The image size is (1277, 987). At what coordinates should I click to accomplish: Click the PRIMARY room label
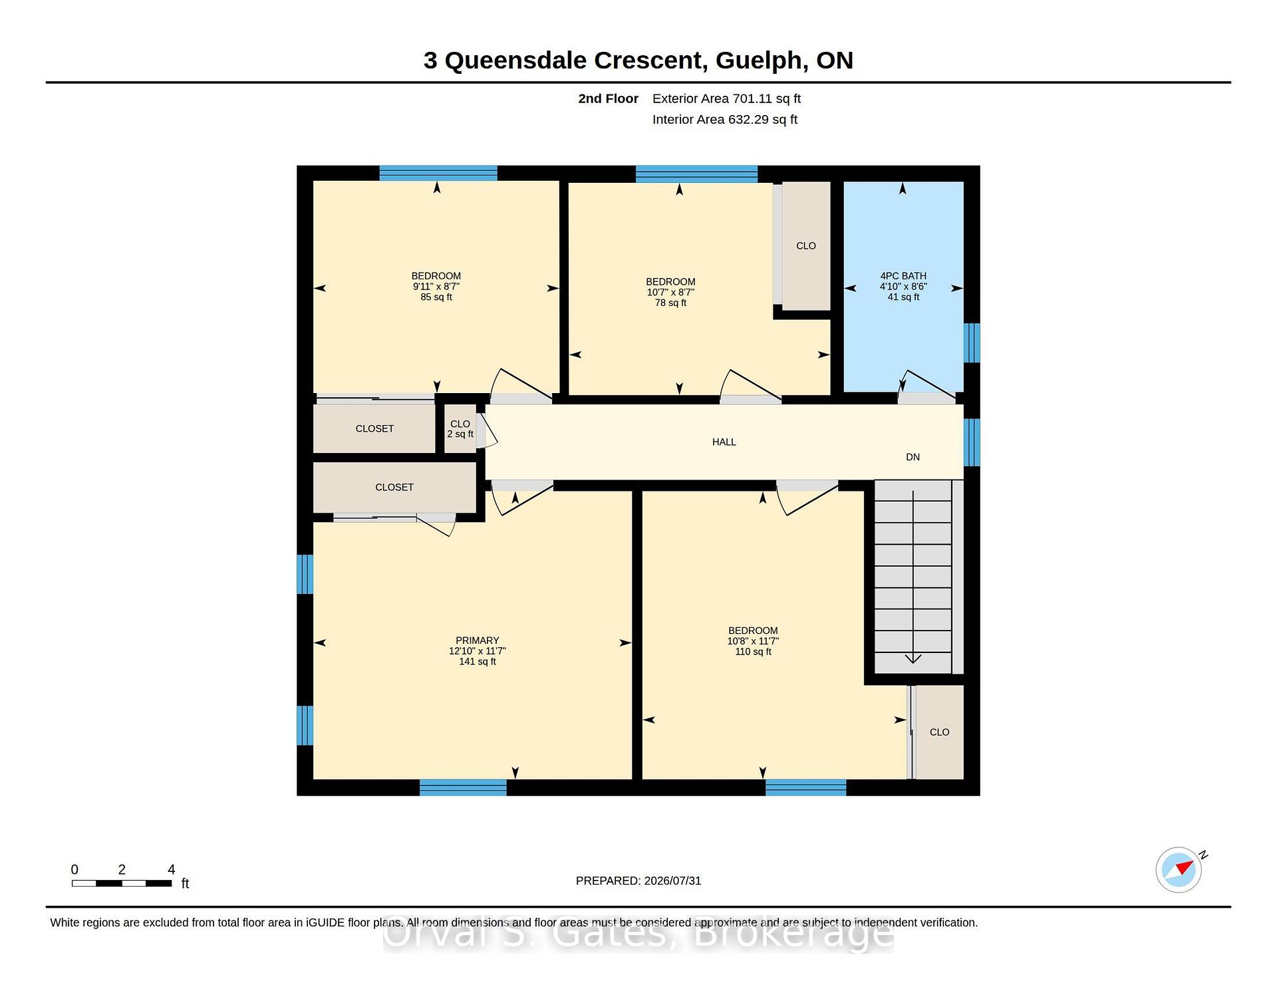pyautogui.click(x=477, y=640)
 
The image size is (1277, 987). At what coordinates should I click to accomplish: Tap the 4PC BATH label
pyautogui.click(x=903, y=276)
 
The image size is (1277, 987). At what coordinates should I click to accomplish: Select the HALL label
pyautogui.click(x=724, y=442)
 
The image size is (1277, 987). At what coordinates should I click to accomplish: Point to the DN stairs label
pyautogui.click(x=913, y=457)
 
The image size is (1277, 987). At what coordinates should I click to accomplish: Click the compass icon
pyautogui.click(x=1179, y=869)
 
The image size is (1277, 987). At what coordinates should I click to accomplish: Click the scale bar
pyautogui.click(x=122, y=883)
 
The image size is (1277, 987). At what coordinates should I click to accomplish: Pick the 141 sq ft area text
pyautogui.click(x=478, y=662)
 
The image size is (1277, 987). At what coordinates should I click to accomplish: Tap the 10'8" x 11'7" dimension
pyautogui.click(x=753, y=641)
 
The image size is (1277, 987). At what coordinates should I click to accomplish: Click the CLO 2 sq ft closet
pyautogui.click(x=460, y=429)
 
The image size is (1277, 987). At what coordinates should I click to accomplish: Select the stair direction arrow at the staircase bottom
pyautogui.click(x=913, y=658)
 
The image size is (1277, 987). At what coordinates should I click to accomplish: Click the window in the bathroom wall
pyautogui.click(x=972, y=343)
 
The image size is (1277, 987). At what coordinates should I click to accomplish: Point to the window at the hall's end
pyautogui.click(x=972, y=442)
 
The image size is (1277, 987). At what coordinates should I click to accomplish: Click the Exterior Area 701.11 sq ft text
pyautogui.click(x=726, y=98)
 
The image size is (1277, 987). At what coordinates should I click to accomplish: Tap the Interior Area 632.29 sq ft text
pyautogui.click(x=724, y=120)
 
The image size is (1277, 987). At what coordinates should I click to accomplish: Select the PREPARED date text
pyautogui.click(x=638, y=881)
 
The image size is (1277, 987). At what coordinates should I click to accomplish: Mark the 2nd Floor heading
pyautogui.click(x=608, y=98)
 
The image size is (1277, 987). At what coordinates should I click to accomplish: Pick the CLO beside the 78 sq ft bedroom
pyautogui.click(x=806, y=246)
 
